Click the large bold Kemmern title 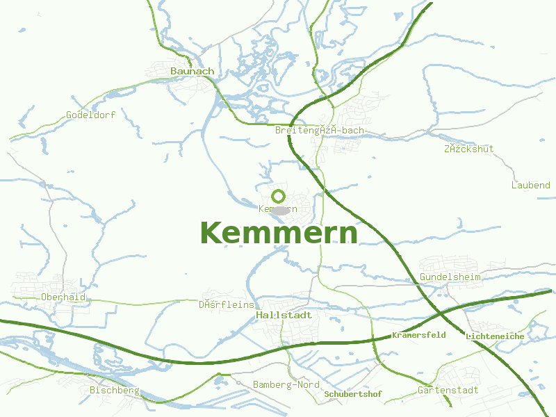click(279, 234)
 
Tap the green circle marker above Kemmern click(279, 196)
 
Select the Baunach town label click(193, 71)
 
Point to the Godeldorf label click(90, 115)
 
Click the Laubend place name click(530, 186)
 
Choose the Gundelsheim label click(450, 277)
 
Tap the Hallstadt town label click(284, 315)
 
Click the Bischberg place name click(115, 390)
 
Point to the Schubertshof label click(353, 394)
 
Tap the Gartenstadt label click(448, 390)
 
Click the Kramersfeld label click(418, 335)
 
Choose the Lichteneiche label click(495, 336)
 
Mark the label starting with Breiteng click(319, 130)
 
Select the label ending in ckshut click(468, 149)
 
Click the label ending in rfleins click(227, 304)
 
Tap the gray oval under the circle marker click(280, 210)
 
